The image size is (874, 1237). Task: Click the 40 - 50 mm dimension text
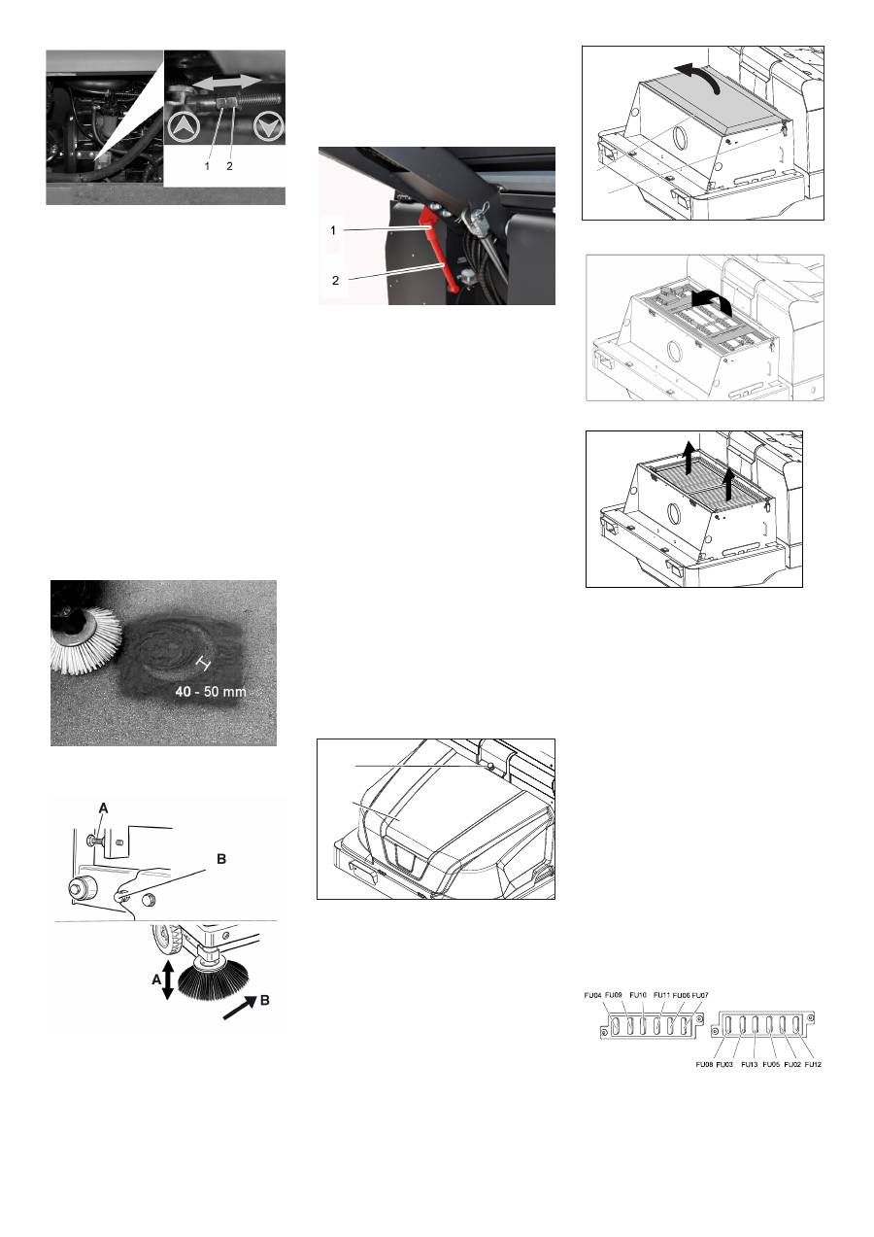tap(211, 692)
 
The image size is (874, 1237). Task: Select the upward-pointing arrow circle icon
tap(183, 127)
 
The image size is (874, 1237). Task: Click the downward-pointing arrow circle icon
tap(268, 127)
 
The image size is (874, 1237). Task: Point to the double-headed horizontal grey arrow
tap(227, 82)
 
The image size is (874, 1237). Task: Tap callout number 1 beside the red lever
tap(333, 230)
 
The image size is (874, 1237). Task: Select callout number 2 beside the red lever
tap(335, 281)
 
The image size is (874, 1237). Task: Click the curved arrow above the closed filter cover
tap(698, 76)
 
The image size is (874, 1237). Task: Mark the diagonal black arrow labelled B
tap(240, 1008)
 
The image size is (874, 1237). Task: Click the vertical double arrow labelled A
tap(168, 979)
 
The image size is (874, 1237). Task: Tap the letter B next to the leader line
tap(221, 859)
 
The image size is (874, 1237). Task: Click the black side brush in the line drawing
tap(213, 979)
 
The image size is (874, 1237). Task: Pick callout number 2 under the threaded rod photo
tap(229, 166)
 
